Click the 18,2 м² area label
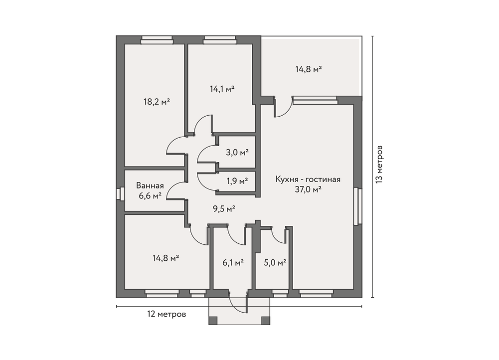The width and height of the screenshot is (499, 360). (x=157, y=102)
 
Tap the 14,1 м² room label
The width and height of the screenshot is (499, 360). (x=222, y=89)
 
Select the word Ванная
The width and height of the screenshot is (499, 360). (x=150, y=185)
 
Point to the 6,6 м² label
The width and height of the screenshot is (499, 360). (x=150, y=196)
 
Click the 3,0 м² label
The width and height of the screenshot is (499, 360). (x=237, y=153)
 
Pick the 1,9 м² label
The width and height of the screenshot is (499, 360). (x=237, y=181)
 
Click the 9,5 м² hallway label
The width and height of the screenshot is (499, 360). (x=224, y=209)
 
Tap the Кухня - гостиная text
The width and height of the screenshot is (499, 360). (x=308, y=180)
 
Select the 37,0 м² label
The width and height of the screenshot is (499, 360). (x=308, y=189)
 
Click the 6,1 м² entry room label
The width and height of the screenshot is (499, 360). (x=233, y=263)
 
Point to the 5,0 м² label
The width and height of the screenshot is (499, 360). (x=275, y=263)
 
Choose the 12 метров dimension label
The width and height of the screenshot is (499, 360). (x=166, y=314)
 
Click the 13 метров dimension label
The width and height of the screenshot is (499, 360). (x=379, y=164)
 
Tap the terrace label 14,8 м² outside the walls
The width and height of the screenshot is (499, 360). (x=309, y=69)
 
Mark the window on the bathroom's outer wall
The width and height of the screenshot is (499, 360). (x=121, y=194)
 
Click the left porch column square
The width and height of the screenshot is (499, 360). (x=213, y=321)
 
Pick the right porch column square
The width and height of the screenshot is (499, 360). (x=265, y=321)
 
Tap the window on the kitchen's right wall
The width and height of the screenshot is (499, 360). (x=358, y=206)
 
